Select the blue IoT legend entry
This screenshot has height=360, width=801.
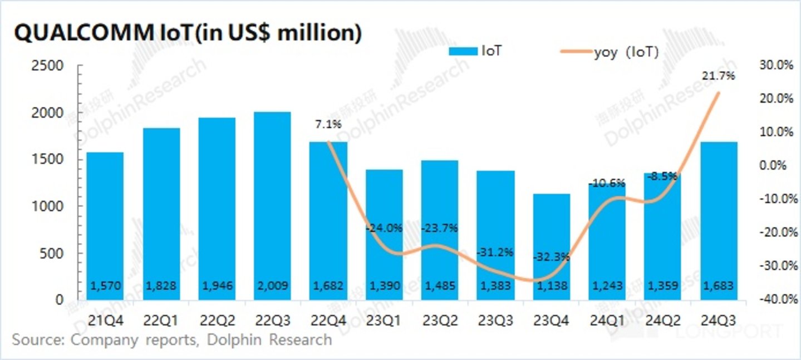tap(478, 52)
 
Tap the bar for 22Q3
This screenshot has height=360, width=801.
tap(272, 206)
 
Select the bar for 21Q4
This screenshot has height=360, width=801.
tap(105, 225)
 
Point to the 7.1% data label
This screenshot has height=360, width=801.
tap(328, 125)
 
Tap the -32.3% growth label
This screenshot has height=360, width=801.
tap(551, 257)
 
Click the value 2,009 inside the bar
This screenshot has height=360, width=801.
tap(272, 286)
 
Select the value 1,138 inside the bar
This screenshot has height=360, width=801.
tap(552, 286)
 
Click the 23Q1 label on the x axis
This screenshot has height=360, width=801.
tap(384, 320)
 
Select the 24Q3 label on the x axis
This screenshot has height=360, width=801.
tap(719, 320)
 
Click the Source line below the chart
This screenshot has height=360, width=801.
tap(171, 339)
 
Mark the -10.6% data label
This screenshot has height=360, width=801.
tap(607, 183)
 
